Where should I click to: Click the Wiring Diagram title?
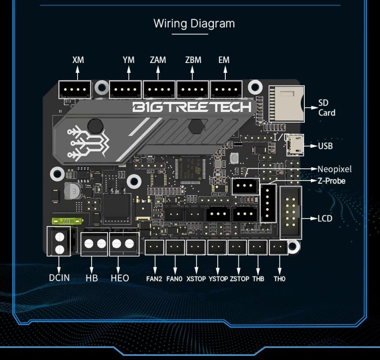[x=194, y=23]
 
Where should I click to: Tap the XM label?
[x=78, y=60]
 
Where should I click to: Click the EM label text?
[x=224, y=60]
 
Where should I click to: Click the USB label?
[x=325, y=146]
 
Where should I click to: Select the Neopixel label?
[x=334, y=169]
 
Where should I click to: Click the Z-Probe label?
[x=332, y=180]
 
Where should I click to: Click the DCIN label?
[x=59, y=278]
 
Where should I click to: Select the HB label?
[x=92, y=278]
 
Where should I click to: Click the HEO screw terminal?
[x=123, y=244]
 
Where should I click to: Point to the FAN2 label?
[x=154, y=279]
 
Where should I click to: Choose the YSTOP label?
[x=218, y=279]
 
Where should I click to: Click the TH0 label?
[x=279, y=279]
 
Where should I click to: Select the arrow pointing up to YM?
[x=128, y=72]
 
